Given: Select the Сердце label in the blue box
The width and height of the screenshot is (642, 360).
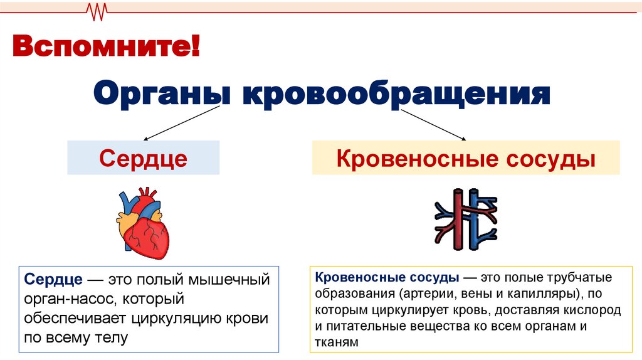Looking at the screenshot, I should click(143, 158).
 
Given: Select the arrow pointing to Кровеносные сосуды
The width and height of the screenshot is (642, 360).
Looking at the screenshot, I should click(433, 122).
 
